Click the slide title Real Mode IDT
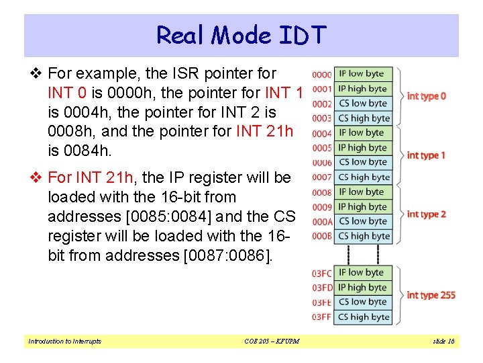tap(241, 34)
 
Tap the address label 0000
tap(322, 75)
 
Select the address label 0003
tap(322, 119)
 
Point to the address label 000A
tap(322, 222)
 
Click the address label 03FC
tap(322, 274)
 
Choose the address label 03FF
tap(322, 317)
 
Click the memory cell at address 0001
tap(362, 89)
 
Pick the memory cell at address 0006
tap(362, 162)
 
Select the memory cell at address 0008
tap(362, 192)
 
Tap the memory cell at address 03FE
tap(362, 302)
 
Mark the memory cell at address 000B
tap(362, 236)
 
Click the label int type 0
tap(426, 96)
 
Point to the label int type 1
tap(426, 155)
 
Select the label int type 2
tap(426, 214)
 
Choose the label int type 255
tap(431, 295)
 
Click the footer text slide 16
tap(442, 341)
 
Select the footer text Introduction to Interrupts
tap(65, 341)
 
